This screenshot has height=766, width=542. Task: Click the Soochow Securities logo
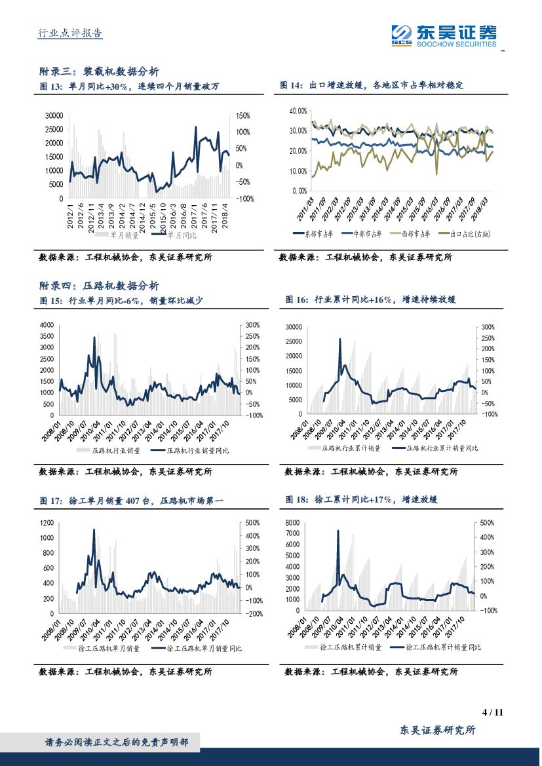444,35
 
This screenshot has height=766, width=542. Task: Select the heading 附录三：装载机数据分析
99,71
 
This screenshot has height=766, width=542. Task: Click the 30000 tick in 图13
54,115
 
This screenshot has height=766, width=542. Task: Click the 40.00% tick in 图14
298,111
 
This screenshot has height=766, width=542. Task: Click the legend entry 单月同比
179,234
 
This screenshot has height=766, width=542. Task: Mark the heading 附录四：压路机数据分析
99,286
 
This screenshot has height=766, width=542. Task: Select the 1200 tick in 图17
47,523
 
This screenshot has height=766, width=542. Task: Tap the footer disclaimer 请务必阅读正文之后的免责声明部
116,742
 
